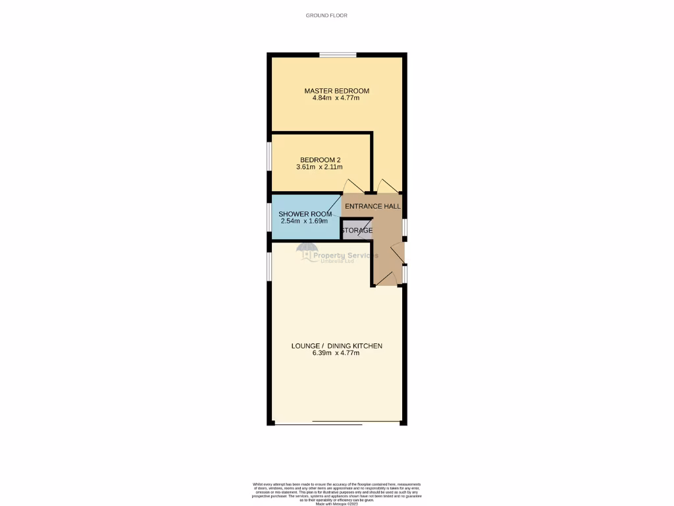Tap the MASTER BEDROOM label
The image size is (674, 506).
pyautogui.click(x=336, y=91)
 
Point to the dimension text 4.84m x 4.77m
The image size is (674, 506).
pyautogui.click(x=336, y=99)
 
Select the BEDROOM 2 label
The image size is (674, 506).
pyautogui.click(x=320, y=160)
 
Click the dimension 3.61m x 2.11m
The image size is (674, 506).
pyautogui.click(x=320, y=168)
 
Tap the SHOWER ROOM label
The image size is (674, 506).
pyautogui.click(x=305, y=214)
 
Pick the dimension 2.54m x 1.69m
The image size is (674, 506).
pyautogui.click(x=305, y=221)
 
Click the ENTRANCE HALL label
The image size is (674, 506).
pyautogui.click(x=373, y=206)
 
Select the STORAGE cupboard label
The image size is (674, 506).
pyautogui.click(x=357, y=231)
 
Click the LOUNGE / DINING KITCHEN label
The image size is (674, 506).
pyautogui.click(x=336, y=346)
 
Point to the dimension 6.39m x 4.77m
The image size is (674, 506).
pyautogui.click(x=336, y=354)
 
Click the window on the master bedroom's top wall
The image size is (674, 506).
pyautogui.click(x=338, y=55)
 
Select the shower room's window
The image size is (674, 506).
pyautogui.click(x=269, y=217)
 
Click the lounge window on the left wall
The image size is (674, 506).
pyautogui.click(x=269, y=267)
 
